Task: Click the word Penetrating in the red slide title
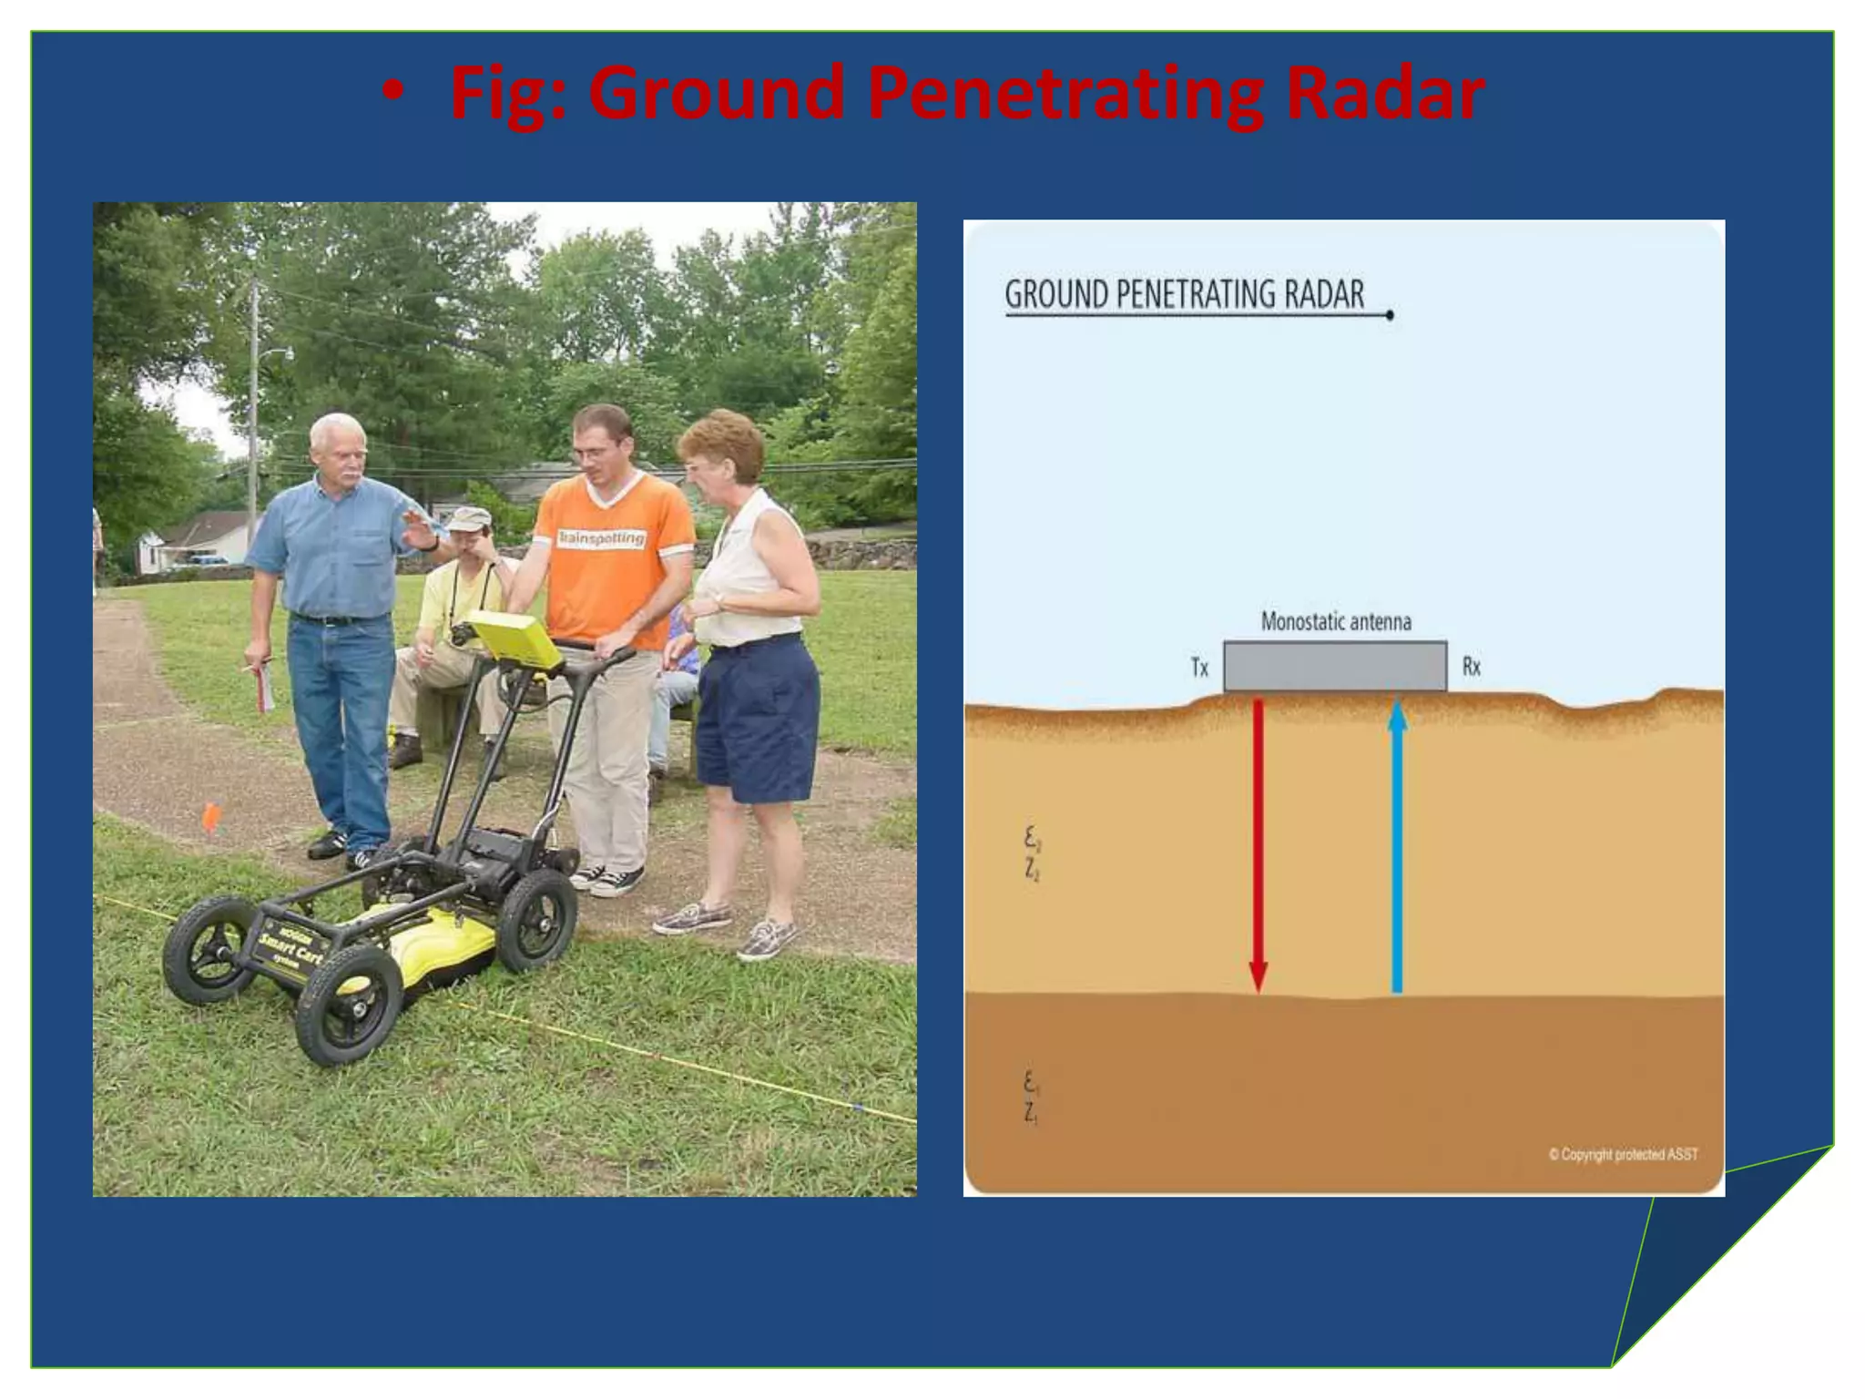click(1064, 95)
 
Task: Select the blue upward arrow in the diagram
click(1397, 847)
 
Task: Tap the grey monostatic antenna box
click(1334, 666)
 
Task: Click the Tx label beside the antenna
click(1199, 668)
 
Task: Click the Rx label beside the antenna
click(1471, 667)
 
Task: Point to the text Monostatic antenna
click(1335, 622)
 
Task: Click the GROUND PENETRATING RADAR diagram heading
click(1184, 295)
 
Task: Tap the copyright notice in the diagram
click(1623, 1154)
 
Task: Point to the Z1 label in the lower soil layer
click(1031, 1112)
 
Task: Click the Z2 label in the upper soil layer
click(1032, 870)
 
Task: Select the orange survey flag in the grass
click(210, 816)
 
